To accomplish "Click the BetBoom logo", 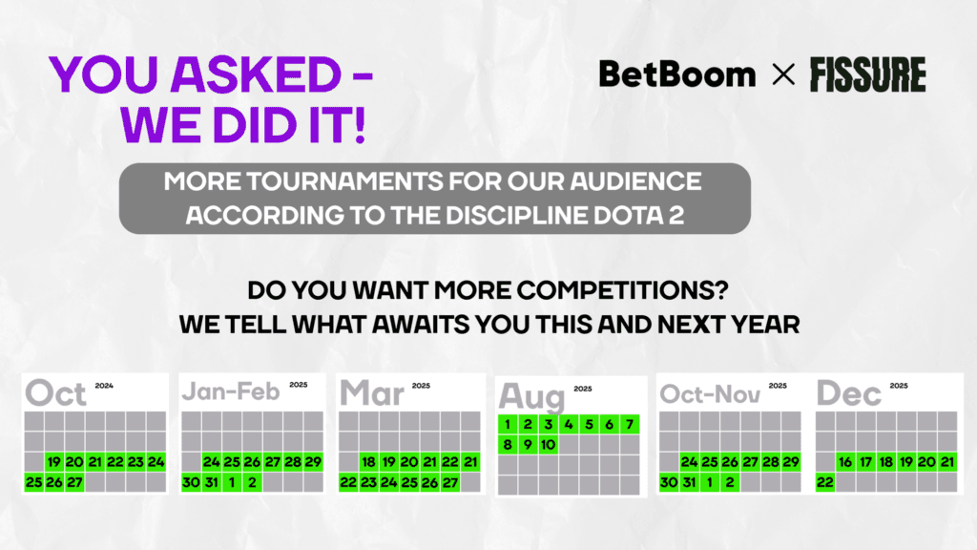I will [x=677, y=74].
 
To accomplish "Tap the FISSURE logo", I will [x=867, y=74].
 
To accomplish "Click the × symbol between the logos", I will [x=782, y=74].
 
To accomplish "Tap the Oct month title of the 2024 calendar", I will [x=56, y=392].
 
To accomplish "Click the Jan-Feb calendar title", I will [x=230, y=392].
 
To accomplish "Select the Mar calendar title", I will [x=372, y=392].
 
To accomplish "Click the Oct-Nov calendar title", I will [x=709, y=392].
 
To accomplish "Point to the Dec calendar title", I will [x=849, y=392].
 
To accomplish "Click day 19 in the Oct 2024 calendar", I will [x=53, y=462].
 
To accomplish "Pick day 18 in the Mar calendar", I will [x=368, y=462].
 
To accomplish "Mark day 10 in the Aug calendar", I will [x=549, y=444].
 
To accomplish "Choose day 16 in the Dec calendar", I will [x=845, y=462].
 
